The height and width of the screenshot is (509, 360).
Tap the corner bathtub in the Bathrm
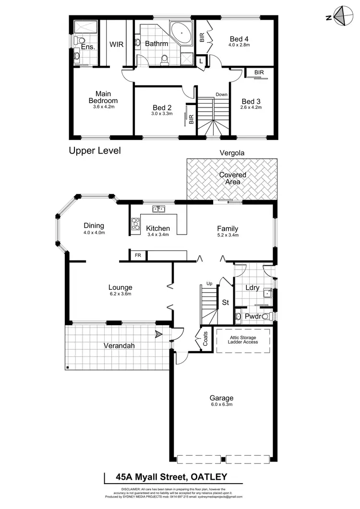click(x=183, y=30)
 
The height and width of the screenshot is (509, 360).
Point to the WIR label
click(x=117, y=44)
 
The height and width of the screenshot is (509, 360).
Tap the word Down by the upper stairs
click(x=221, y=94)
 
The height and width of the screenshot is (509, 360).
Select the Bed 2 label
click(x=162, y=107)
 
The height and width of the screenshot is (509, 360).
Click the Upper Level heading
click(x=95, y=151)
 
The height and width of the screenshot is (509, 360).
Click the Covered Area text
click(x=233, y=178)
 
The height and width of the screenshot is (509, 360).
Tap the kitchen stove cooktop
click(x=135, y=225)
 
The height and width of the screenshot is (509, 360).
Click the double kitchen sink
click(x=158, y=209)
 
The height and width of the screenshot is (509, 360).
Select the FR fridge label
click(x=137, y=255)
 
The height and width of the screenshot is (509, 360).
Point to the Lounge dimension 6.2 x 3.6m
click(x=120, y=294)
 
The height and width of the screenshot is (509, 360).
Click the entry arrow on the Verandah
click(x=158, y=334)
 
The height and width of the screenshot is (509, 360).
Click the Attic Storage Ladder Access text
click(x=244, y=340)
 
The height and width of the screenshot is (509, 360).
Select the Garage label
click(x=221, y=398)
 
